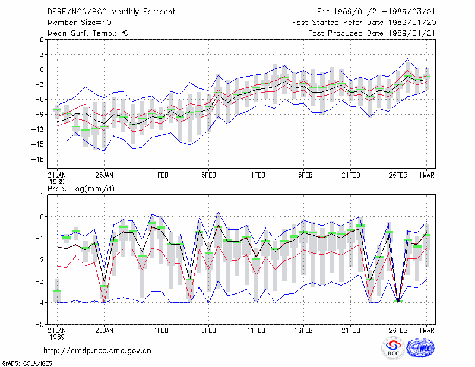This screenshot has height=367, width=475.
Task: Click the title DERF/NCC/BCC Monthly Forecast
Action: coord(111,12)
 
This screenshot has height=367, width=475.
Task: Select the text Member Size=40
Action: coord(80,23)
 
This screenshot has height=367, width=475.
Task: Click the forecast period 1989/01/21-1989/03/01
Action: coord(376,12)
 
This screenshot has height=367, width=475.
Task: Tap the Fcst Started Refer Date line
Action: coord(364,23)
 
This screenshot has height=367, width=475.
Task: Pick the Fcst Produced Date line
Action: coord(372,33)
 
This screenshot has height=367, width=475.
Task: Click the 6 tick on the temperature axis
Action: coord(42,39)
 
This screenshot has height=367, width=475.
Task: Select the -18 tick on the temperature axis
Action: coord(37,159)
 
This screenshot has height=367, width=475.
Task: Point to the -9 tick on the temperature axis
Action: coord(39,114)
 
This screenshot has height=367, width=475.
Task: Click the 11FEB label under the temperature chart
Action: coord(256,175)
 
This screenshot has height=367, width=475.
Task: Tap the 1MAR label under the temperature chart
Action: coord(427,175)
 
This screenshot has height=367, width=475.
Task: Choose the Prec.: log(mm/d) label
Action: coord(81,189)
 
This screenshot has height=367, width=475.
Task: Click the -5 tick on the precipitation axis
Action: coord(39,324)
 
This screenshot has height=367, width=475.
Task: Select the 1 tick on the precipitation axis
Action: coord(42,195)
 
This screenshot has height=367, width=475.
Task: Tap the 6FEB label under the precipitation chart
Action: coord(209,330)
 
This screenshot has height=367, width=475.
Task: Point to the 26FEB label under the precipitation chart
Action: coord(398,330)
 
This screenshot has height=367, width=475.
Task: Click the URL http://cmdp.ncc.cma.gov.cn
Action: coord(97,351)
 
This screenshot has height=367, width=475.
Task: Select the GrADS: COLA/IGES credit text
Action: coord(27,363)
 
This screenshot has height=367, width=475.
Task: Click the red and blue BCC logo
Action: coord(393,347)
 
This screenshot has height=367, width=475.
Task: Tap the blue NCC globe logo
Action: coord(420,348)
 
